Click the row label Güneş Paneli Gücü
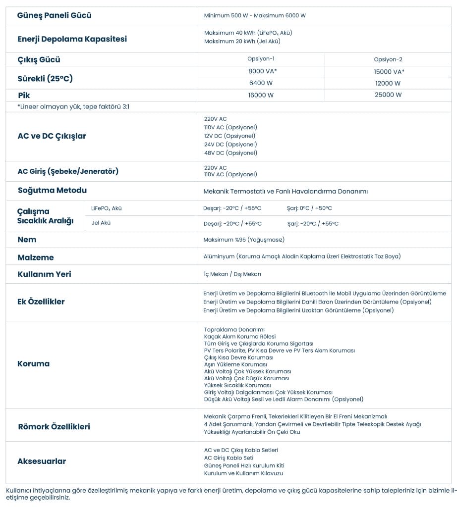(x=54, y=15)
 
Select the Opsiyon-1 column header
(x=261, y=59)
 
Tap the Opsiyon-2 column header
(x=388, y=59)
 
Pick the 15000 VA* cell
(x=388, y=72)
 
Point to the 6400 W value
(x=261, y=83)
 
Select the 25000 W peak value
(x=388, y=95)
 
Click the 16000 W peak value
(x=261, y=95)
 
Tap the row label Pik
(x=24, y=95)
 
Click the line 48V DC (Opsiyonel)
(x=230, y=153)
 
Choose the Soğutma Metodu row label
(x=52, y=191)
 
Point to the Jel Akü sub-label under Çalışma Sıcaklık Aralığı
(x=101, y=223)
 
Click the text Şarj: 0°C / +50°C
(x=309, y=208)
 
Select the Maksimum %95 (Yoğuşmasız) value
(x=244, y=240)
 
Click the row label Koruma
(x=33, y=364)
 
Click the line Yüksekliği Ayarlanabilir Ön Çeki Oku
(x=252, y=432)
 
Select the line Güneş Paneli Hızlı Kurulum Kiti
(x=244, y=465)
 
